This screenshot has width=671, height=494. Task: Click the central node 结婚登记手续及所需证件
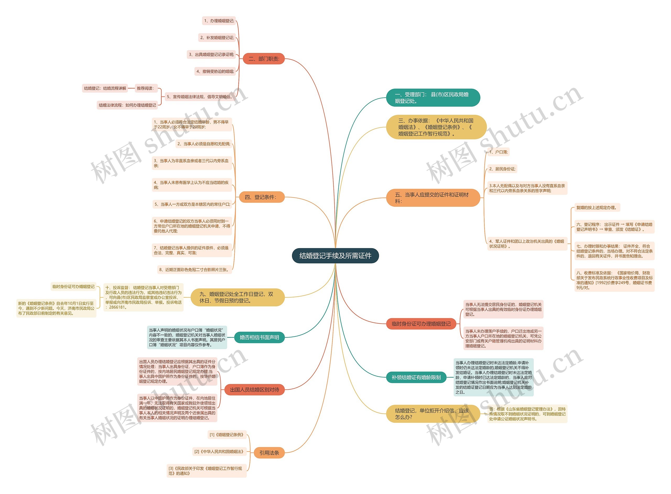coord(335,256)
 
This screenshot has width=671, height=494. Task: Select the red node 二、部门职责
coord(263,59)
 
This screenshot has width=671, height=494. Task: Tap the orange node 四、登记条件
coord(261,197)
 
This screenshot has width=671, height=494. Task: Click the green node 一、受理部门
coord(433,98)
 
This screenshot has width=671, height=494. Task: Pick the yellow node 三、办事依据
coord(436,127)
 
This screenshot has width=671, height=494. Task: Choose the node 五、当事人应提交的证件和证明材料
coord(433,198)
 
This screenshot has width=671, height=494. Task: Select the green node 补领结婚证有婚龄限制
coord(416,377)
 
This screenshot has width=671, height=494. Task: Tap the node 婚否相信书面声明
coord(259,337)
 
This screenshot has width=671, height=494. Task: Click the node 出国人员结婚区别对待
coord(255,390)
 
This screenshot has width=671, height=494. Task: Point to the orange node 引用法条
coord(269,453)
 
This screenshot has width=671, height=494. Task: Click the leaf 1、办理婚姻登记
coord(219,21)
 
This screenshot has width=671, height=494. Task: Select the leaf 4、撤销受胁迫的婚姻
coord(215,71)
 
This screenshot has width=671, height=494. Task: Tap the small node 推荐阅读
coord(146,88)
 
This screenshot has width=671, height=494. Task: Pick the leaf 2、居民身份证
coord(502,169)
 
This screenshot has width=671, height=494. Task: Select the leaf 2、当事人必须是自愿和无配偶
coord(204,144)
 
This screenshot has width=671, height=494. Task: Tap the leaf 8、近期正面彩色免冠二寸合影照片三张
coord(194,269)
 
